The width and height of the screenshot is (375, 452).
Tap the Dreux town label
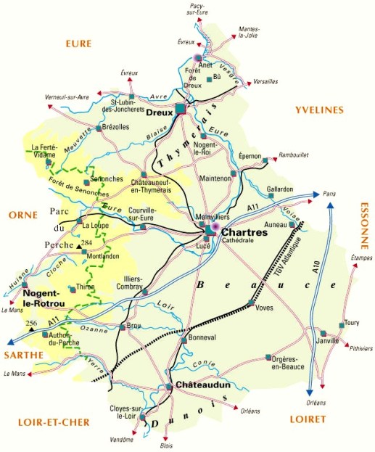(x=158, y=112)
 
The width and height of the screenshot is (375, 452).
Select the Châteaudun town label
(x=201, y=385)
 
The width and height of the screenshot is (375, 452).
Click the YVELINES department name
(x=318, y=110)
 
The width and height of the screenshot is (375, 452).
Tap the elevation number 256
(x=31, y=323)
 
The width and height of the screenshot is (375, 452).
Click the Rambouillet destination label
(x=294, y=155)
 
